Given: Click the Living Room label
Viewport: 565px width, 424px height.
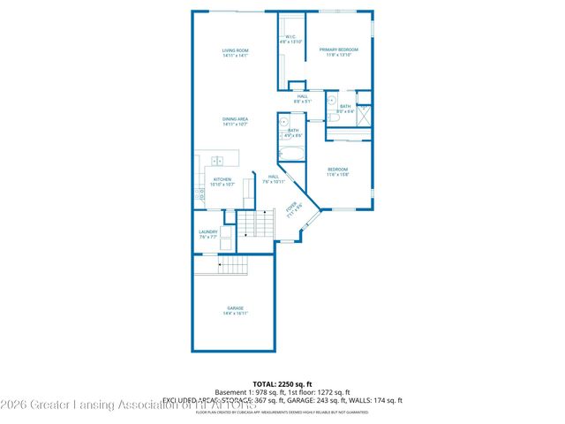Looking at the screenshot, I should click(x=235, y=50).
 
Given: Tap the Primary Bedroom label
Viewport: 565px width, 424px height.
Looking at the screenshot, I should click(x=339, y=49).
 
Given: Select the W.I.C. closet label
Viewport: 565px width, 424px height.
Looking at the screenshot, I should click(x=290, y=36).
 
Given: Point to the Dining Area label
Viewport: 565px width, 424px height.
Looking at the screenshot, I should click(x=235, y=119).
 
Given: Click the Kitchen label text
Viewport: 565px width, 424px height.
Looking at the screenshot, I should click(x=222, y=179).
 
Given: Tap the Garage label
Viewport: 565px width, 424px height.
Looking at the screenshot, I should click(x=235, y=307).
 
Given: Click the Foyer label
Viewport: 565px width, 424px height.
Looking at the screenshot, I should click(x=292, y=209).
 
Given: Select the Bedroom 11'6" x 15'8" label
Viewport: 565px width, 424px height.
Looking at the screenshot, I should click(x=338, y=169).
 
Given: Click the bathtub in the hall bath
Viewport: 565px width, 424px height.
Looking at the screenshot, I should click(x=292, y=154).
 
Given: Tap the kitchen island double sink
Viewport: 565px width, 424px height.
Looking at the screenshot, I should click(x=217, y=160).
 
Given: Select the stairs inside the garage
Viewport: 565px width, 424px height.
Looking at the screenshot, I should click(x=233, y=264).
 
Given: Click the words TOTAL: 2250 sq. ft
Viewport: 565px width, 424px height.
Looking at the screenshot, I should click(x=282, y=383).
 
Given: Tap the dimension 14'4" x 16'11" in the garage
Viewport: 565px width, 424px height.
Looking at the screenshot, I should click(x=235, y=313).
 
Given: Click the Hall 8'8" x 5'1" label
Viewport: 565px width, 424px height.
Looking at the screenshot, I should click(x=303, y=98).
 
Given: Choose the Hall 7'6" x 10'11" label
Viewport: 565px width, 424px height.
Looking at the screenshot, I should click(x=274, y=179).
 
